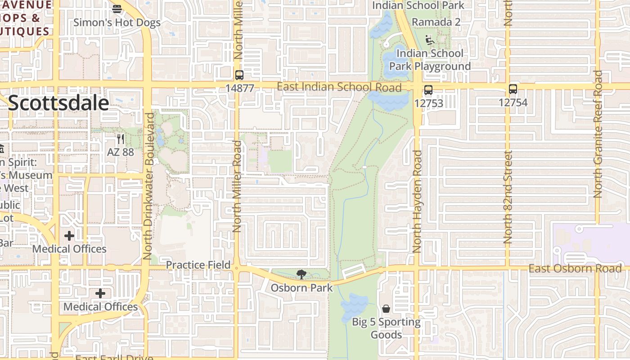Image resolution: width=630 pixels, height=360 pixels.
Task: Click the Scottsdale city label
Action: tap(58, 103)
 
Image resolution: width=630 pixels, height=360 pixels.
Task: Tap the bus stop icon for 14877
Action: tap(239, 75)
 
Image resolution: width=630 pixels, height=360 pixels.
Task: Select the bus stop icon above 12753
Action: tap(428, 90)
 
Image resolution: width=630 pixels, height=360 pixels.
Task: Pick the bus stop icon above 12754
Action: tap(513, 89)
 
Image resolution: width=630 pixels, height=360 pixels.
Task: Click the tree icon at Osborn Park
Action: tap(301, 274)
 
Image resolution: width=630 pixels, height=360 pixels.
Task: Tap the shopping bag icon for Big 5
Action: tap(386, 309)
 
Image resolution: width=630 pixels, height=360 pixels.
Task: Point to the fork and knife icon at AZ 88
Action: tap(120, 139)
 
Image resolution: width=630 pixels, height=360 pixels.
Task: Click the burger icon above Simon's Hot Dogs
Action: tap(117, 9)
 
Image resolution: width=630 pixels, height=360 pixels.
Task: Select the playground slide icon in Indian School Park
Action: tap(430, 40)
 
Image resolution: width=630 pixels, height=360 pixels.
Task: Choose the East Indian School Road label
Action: tap(339, 87)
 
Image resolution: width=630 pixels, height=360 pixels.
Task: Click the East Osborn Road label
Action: tap(575, 269)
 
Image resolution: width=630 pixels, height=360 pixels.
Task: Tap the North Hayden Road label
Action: tap(417, 201)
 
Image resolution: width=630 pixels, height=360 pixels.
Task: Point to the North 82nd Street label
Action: tap(508, 197)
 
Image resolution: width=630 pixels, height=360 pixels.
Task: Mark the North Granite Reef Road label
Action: tap(598, 134)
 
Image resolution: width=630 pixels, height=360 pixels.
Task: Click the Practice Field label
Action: tap(198, 265)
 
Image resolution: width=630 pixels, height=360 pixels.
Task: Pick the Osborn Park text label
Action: tap(301, 288)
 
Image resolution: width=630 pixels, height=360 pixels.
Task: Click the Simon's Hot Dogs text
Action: tap(117, 22)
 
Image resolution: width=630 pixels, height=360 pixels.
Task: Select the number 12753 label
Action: tap(428, 103)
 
